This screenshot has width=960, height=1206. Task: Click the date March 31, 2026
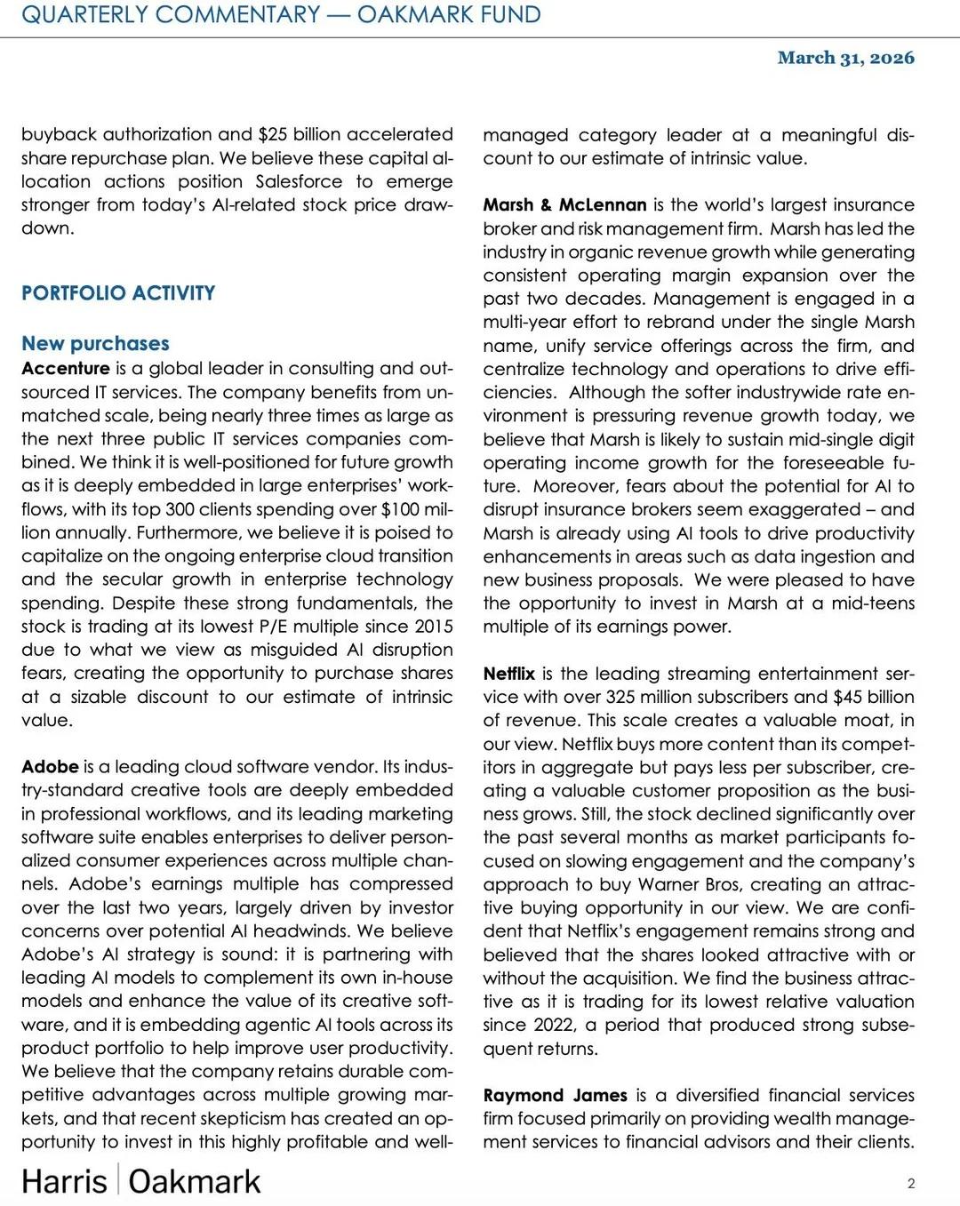click(x=845, y=58)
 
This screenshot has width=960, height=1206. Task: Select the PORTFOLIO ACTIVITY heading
click(x=118, y=293)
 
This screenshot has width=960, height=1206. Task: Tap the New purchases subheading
click(x=95, y=344)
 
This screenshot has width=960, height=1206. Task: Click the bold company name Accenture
click(x=66, y=368)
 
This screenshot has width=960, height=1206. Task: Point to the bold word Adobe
click(x=50, y=766)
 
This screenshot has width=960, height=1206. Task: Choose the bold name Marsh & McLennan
click(x=564, y=205)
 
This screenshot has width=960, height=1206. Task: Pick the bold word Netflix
click(x=509, y=674)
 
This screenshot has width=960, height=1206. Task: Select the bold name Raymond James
click(x=555, y=1095)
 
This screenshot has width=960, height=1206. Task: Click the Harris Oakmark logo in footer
click(x=141, y=1181)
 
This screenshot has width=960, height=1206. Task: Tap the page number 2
click(x=911, y=1183)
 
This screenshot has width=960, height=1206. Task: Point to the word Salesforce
click(x=299, y=181)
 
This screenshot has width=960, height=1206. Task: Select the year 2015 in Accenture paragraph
click(x=432, y=627)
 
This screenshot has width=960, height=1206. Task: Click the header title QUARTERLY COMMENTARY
click(x=171, y=15)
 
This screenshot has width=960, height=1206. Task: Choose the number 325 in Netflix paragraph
click(x=620, y=697)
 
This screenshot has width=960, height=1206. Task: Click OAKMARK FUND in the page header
click(x=449, y=15)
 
